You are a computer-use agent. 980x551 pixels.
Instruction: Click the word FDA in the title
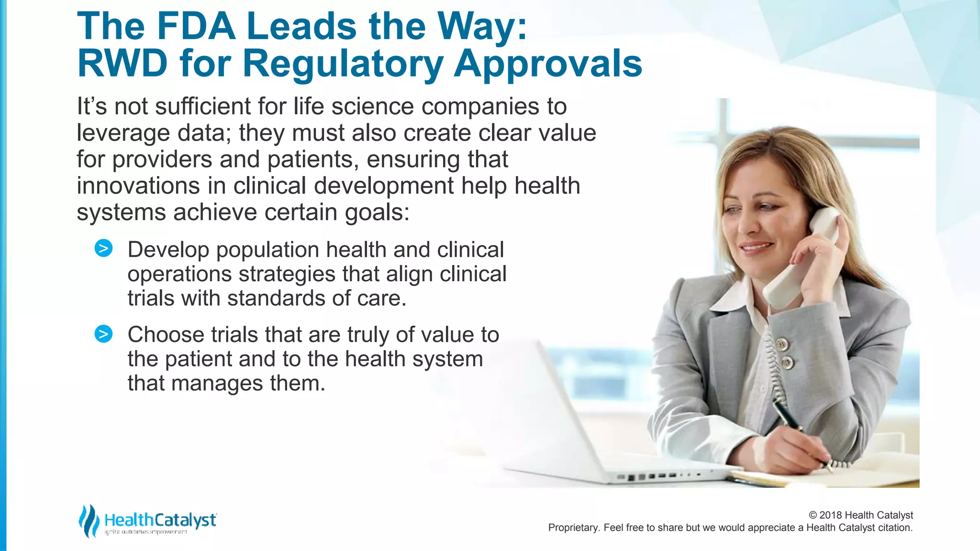(x=196, y=26)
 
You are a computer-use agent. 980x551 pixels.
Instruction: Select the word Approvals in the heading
(x=547, y=64)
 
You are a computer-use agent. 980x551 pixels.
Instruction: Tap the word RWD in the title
(x=122, y=64)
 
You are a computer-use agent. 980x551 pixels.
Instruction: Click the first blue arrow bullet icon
(x=103, y=248)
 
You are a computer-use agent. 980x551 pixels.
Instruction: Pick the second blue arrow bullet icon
(x=103, y=333)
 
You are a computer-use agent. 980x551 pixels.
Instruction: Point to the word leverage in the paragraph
(x=123, y=133)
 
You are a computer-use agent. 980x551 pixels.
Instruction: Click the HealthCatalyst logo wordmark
(x=160, y=520)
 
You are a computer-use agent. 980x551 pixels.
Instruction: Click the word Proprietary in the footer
(x=573, y=528)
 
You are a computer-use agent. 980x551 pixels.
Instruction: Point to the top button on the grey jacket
(x=782, y=343)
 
